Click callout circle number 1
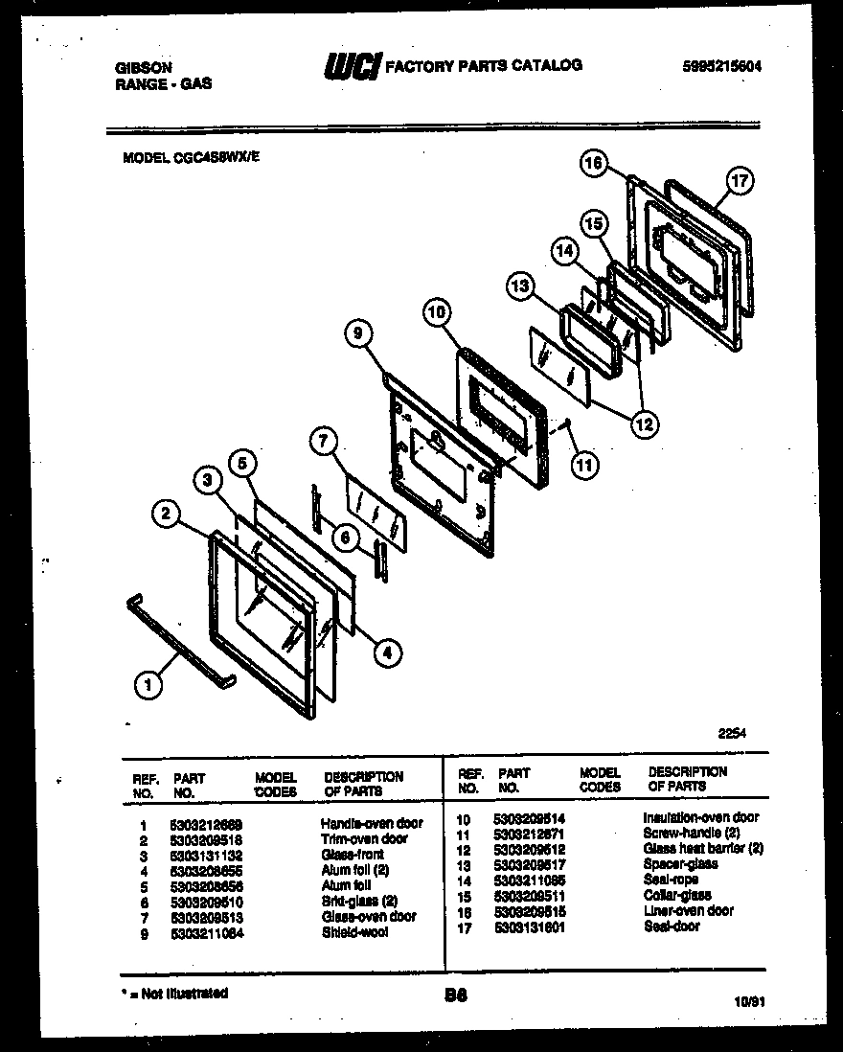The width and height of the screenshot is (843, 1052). (147, 684)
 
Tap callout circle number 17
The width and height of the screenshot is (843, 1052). (739, 180)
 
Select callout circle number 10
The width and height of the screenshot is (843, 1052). (436, 311)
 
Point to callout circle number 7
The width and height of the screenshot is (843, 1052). (324, 442)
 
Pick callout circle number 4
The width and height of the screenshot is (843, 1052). (387, 653)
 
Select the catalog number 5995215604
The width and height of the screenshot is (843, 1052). (723, 66)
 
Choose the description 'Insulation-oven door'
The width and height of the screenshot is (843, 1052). (700, 818)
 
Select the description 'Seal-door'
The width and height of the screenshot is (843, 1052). (671, 926)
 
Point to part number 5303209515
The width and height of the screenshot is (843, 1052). (530, 911)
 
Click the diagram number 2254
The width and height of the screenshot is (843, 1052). (732, 734)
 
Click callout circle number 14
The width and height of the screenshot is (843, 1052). (564, 252)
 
